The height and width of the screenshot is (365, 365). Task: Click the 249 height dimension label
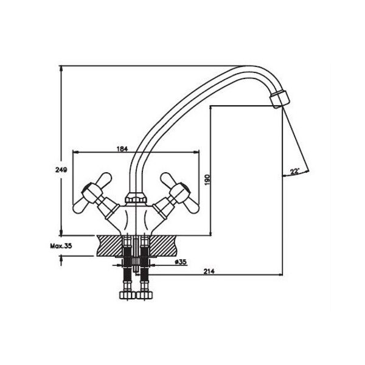pos(61,170)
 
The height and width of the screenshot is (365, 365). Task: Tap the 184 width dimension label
pos(122,149)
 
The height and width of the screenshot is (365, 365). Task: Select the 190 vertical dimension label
pos(207,180)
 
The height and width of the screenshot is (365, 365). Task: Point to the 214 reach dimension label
pos(209,271)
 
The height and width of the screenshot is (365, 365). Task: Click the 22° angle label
pos(294,172)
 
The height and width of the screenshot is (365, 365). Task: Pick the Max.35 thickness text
pos(61,246)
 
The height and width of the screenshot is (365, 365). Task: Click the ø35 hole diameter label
pos(181,262)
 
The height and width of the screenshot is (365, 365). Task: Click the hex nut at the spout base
pos(136,198)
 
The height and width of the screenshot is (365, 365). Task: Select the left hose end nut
pos(127,296)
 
